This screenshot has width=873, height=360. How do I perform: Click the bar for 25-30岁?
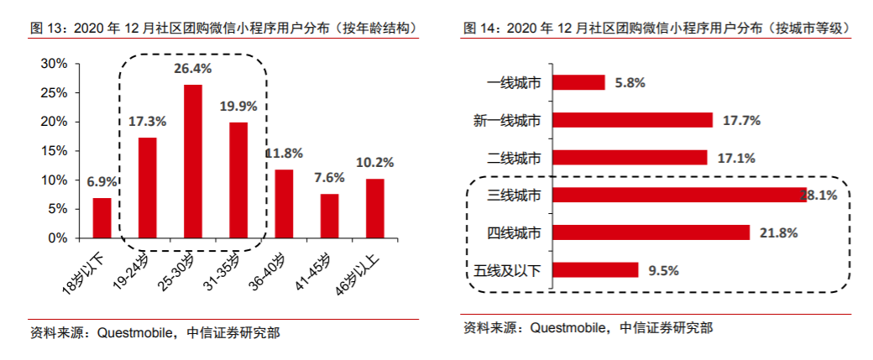[193, 161]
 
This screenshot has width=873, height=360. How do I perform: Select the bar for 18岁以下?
[102, 218]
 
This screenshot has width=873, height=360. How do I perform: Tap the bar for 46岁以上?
[374, 208]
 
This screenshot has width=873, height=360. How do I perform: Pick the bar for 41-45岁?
[329, 216]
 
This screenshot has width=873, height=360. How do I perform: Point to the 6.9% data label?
[102, 182]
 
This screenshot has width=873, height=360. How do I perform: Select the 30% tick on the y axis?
[54, 64]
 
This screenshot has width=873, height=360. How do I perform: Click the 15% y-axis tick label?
[54, 151]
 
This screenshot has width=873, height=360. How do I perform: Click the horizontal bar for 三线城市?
[680, 195]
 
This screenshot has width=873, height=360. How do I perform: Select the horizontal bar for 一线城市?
[579, 82]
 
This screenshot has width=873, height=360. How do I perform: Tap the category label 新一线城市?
[508, 120]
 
